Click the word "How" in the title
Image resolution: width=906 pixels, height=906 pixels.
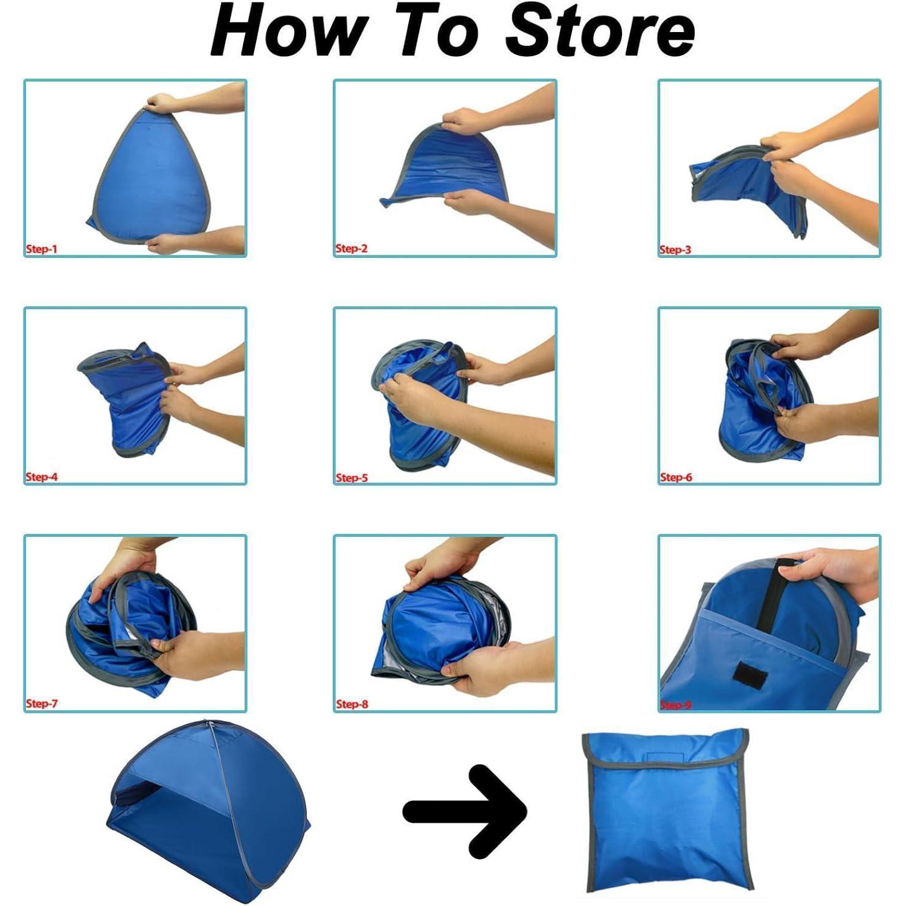(x=289, y=30)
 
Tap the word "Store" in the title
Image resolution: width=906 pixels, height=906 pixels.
(x=600, y=30)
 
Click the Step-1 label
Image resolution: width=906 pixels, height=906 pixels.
(x=41, y=249)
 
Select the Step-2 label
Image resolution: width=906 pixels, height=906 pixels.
(x=352, y=248)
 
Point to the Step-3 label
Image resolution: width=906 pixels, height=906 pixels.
(x=675, y=249)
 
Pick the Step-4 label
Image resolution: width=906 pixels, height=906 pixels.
(x=42, y=477)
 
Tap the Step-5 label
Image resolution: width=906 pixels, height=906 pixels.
(x=352, y=478)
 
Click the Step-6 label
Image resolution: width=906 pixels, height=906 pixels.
(x=676, y=477)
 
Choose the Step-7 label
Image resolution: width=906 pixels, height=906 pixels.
(x=42, y=704)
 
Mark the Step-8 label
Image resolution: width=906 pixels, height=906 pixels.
(x=352, y=704)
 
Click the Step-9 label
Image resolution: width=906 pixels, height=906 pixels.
(x=676, y=705)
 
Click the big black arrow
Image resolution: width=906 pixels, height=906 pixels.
(x=465, y=811)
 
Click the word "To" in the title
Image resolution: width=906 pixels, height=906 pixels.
(x=438, y=30)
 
